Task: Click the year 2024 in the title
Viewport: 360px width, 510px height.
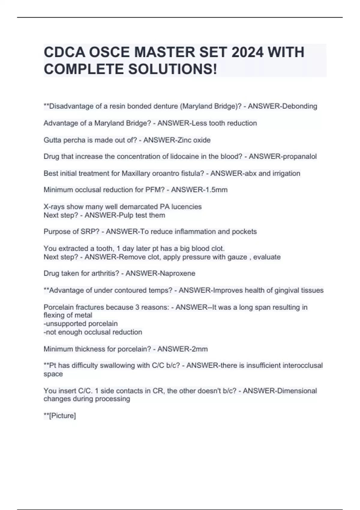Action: (x=247, y=52)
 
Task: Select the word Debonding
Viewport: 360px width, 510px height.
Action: (x=300, y=106)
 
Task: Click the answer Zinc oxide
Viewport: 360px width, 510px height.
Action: (x=194, y=140)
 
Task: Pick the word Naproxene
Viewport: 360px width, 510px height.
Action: (x=178, y=273)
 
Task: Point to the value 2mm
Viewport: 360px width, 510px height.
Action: (x=199, y=349)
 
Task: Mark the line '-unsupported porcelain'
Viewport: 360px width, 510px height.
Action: (x=81, y=324)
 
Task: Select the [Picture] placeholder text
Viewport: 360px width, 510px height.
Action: (x=62, y=416)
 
